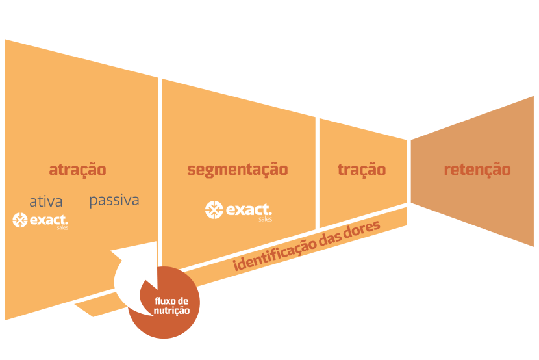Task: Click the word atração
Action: click(77, 170)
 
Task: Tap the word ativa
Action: click(45, 201)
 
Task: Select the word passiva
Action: click(114, 200)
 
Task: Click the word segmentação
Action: click(237, 170)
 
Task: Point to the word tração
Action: click(361, 170)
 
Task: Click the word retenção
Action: click(477, 170)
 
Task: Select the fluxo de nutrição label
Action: click(171, 305)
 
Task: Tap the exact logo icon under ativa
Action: click(20, 220)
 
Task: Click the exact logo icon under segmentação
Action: click(214, 209)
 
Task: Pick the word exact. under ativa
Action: click(49, 220)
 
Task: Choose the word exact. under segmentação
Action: click(248, 209)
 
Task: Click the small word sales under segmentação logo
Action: click(264, 220)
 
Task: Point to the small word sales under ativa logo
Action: click(62, 229)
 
